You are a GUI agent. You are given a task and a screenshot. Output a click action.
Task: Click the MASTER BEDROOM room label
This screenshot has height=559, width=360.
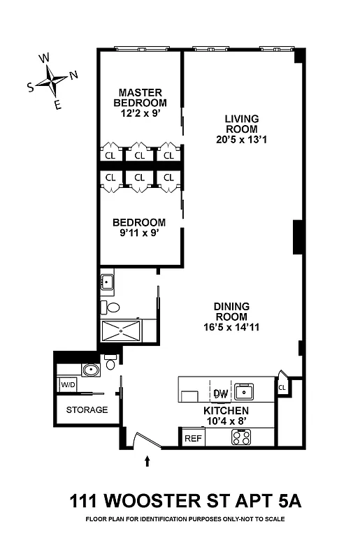tap(140, 98)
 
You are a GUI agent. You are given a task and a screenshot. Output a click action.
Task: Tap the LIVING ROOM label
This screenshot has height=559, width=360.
tap(242, 123)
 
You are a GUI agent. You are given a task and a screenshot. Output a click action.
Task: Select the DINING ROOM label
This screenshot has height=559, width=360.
tap(233, 311)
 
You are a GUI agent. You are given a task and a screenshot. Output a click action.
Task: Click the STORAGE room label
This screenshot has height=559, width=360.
tap(87, 409)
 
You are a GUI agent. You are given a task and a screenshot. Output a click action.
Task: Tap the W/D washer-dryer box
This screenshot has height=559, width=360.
tap(68, 385)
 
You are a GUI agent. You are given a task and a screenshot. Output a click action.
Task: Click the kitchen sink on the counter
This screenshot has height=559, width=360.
tap(245, 389)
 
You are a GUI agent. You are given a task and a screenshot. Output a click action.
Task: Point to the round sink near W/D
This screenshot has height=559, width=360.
tap(89, 370)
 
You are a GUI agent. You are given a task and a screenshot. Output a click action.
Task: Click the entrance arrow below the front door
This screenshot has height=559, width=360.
tap(147, 460)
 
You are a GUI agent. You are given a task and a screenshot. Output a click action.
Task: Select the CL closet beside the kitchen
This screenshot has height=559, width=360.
tap(282, 386)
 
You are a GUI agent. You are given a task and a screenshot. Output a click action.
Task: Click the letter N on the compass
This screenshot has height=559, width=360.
tap(74, 75)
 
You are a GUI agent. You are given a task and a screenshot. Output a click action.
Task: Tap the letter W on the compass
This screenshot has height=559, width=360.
tap(43, 58)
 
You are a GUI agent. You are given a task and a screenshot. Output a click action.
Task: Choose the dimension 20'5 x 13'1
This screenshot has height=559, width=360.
tap(242, 139)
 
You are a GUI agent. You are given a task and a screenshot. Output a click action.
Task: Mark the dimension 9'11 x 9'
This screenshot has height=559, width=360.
tap(140, 234)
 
